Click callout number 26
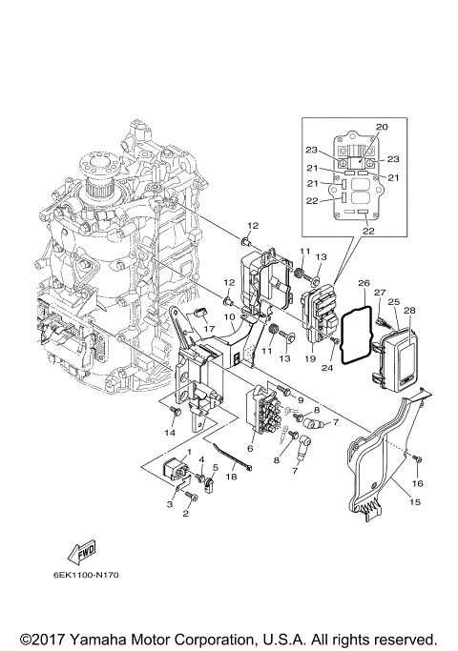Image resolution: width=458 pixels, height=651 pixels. (364, 283)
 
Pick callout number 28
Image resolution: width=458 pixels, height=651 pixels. (409, 311)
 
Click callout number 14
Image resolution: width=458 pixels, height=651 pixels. (169, 433)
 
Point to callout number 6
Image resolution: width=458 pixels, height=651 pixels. (250, 448)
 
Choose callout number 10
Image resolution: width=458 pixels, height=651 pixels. (229, 315)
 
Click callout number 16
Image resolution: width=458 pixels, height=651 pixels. (419, 484)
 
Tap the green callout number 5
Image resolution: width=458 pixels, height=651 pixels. (216, 467)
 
